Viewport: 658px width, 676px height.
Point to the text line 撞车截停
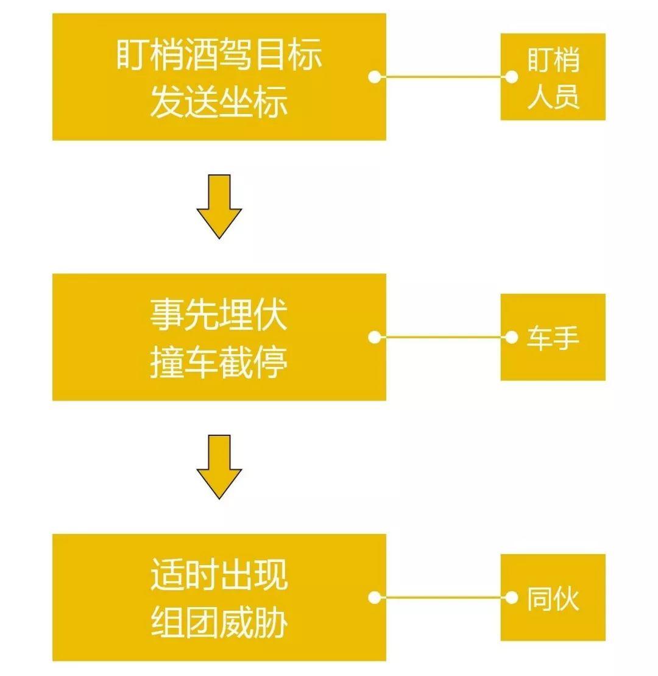click(219, 362)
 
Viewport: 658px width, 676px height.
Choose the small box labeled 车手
click(553, 337)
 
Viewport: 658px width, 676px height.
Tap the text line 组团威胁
click(219, 622)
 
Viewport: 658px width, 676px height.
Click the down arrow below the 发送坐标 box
click(219, 206)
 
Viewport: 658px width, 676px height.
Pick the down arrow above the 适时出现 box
click(219, 466)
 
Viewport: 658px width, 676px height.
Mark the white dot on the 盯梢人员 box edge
click(512, 77)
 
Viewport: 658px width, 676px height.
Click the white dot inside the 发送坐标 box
click(375, 77)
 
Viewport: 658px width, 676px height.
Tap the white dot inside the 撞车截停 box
click(375, 337)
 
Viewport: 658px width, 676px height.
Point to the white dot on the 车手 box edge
click(512, 337)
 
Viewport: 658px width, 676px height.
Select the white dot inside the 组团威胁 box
click(375, 597)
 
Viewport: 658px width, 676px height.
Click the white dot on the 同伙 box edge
click(512, 597)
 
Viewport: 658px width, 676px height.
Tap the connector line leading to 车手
click(443, 337)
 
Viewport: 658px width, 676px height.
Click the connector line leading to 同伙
click(443, 597)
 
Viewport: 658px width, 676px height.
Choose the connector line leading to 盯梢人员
click(443, 77)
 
